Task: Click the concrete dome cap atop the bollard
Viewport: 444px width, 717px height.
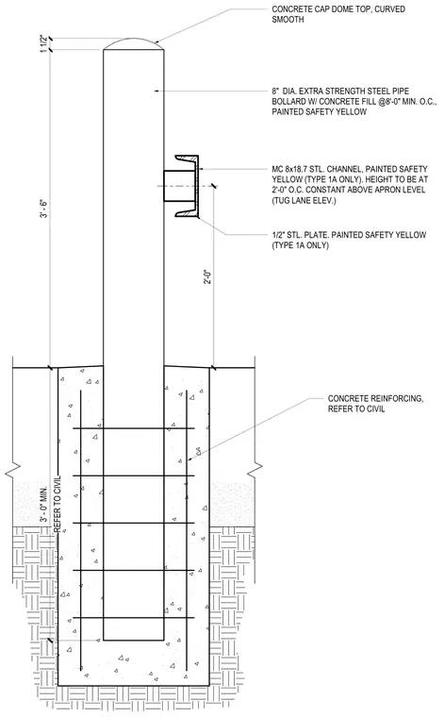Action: pyautogui.click(x=133, y=44)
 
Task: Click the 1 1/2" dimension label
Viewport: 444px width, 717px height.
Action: pyautogui.click(x=44, y=44)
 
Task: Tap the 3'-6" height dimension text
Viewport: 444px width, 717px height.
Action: pyautogui.click(x=44, y=208)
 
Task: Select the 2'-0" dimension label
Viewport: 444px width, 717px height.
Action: pyautogui.click(x=207, y=276)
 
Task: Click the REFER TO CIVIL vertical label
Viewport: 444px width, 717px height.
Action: pyautogui.click(x=58, y=504)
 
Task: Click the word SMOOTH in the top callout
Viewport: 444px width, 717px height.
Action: pyautogui.click(x=288, y=20)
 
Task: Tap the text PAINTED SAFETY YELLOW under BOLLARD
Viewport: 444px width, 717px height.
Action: pyautogui.click(x=320, y=111)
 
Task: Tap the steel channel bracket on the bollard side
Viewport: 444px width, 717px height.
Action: pyautogui.click(x=187, y=186)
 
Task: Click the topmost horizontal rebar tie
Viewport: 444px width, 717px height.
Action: pyautogui.click(x=133, y=428)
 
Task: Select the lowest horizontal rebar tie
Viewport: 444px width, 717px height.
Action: pyautogui.click(x=133, y=618)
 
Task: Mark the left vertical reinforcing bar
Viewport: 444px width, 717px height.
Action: pyautogui.click(x=81, y=529)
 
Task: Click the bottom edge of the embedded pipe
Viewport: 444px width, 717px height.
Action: pyautogui.click(x=133, y=640)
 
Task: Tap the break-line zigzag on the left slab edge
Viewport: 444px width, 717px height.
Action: pyautogui.click(x=12, y=469)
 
